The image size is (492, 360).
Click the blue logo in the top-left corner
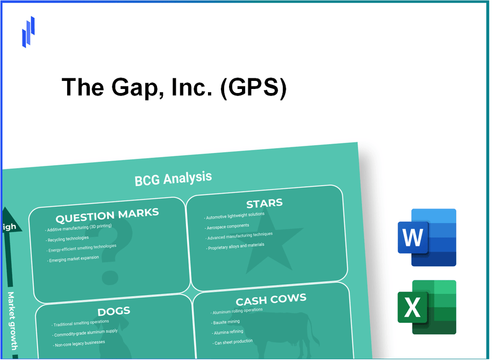point(28,32)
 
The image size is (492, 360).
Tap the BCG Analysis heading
point(173,178)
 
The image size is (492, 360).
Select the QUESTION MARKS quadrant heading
point(107,216)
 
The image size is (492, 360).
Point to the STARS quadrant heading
point(264,204)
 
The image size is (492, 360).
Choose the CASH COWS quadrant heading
point(271,299)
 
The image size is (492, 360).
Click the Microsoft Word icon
point(426,237)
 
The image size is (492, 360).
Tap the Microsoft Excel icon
point(426,307)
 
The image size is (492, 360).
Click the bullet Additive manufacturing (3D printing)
point(79,228)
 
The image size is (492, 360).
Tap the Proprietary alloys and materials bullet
point(236,246)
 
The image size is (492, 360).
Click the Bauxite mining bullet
point(227,322)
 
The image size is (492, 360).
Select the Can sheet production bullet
point(233,341)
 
